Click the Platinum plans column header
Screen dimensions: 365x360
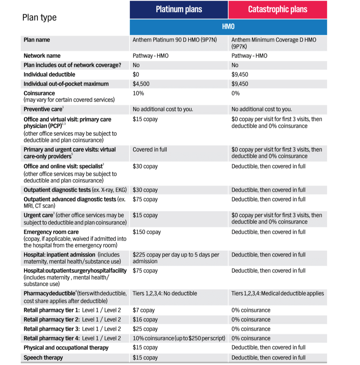(x=179, y=9)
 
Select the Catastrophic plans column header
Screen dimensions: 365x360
(x=278, y=9)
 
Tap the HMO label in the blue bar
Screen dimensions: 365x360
(x=228, y=27)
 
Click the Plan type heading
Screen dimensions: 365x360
(x=39, y=17)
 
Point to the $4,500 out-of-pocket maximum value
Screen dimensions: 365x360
(x=141, y=84)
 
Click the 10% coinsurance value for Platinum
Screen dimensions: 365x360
(x=138, y=93)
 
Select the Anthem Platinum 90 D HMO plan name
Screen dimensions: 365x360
(x=175, y=40)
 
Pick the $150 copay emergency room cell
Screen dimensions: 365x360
(x=147, y=232)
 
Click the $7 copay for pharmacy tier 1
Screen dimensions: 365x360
(x=144, y=310)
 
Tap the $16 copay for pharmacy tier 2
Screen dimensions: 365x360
(x=145, y=320)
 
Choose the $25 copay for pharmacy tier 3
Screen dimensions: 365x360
(x=145, y=329)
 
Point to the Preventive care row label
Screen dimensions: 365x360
(x=43, y=109)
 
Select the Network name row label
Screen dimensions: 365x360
(x=42, y=56)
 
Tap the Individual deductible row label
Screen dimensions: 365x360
(x=49, y=75)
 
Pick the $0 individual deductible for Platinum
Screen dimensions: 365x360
(x=136, y=75)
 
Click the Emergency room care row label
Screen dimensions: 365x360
(x=47, y=232)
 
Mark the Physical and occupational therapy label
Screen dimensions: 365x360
(x=66, y=348)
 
